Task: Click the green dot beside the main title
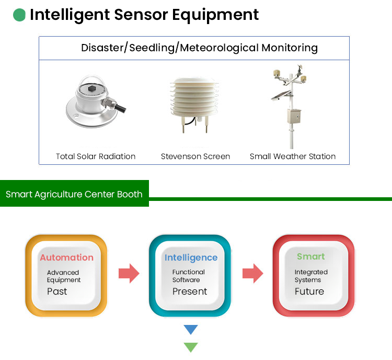[19, 15]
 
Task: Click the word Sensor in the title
[141, 15]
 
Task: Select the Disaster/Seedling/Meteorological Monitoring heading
[199, 48]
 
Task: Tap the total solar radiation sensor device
[96, 102]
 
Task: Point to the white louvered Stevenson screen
[194, 104]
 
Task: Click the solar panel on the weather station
[281, 96]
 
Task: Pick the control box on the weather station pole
[294, 116]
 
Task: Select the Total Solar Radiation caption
[96, 156]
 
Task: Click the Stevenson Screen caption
[195, 156]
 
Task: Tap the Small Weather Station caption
[293, 156]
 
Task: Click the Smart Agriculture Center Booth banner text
[74, 194]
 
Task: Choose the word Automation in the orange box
[67, 257]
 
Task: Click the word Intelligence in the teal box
[191, 257]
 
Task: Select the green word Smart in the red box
[311, 256]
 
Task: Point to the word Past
[57, 291]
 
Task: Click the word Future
[309, 291]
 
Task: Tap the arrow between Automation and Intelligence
[129, 273]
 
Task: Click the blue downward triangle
[191, 330]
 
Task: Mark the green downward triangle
[191, 347]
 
